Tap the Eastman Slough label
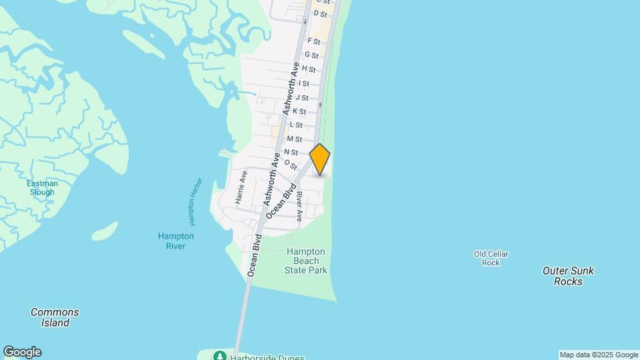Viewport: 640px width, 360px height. click(x=42, y=188)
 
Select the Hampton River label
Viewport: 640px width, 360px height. click(x=176, y=241)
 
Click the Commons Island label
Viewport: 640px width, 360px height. click(x=55, y=317)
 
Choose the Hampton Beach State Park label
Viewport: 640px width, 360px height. click(x=306, y=261)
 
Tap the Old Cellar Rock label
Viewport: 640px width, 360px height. click(x=491, y=258)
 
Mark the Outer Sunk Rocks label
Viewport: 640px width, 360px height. click(x=568, y=276)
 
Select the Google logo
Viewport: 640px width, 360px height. click(x=22, y=352)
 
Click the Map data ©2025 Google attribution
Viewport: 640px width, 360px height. click(x=599, y=355)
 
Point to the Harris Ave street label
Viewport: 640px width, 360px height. click(x=241, y=187)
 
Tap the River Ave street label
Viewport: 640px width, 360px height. click(x=300, y=207)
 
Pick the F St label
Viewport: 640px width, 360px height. click(x=313, y=41)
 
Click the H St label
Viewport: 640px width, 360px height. click(x=308, y=69)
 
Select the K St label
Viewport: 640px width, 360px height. click(x=299, y=111)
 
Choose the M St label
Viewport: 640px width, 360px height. click(x=294, y=139)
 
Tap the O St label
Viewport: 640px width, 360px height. click(x=290, y=164)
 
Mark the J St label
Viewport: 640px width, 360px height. click(x=302, y=97)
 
